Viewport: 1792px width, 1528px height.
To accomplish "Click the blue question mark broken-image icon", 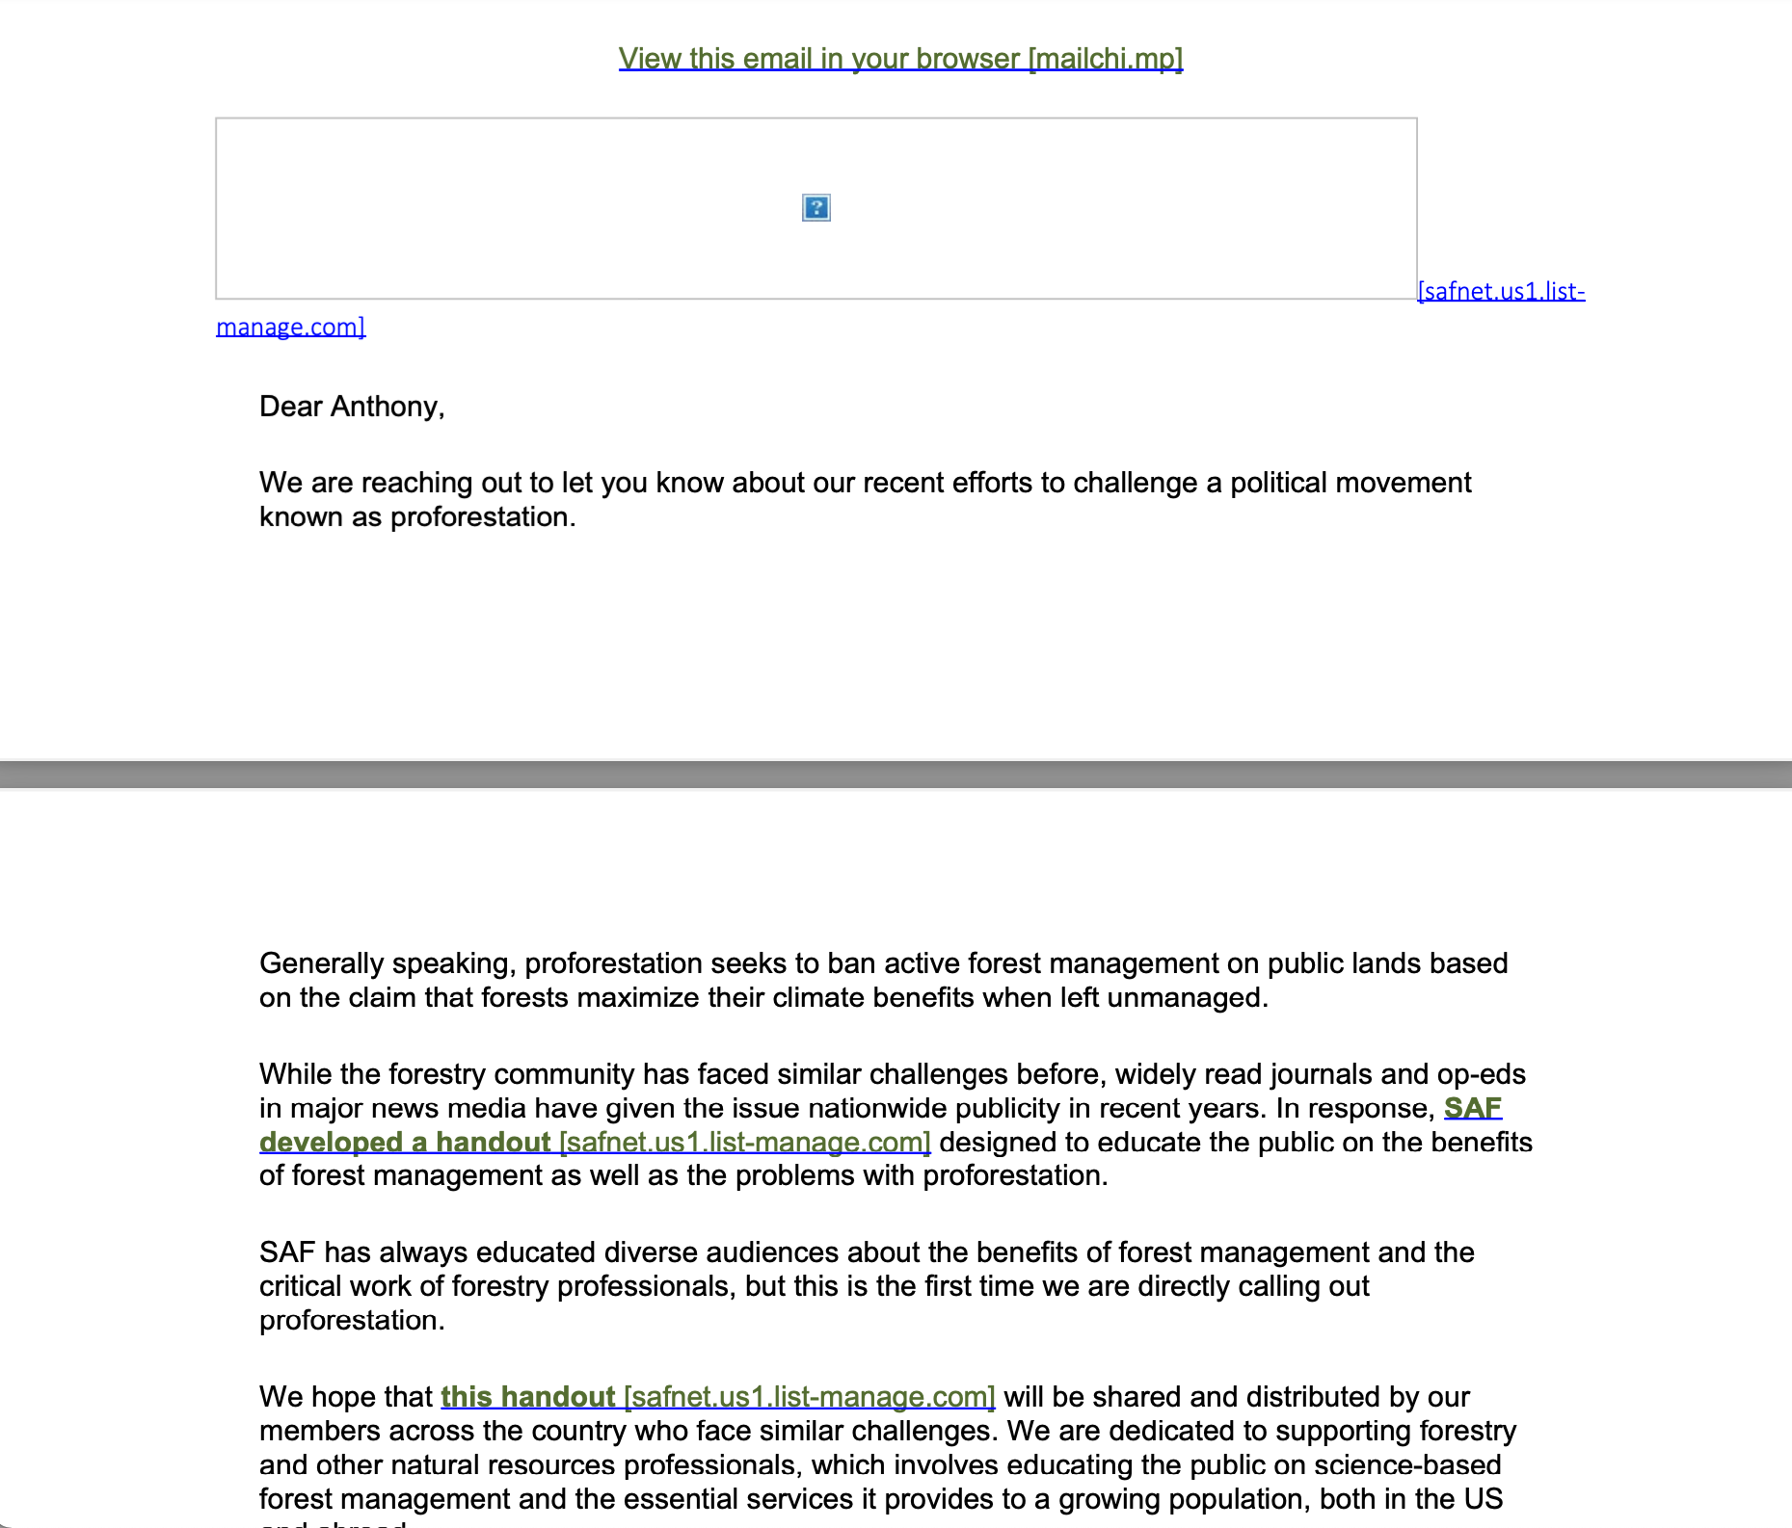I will [816, 208].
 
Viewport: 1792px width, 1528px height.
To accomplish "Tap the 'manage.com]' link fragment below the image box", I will [290, 328].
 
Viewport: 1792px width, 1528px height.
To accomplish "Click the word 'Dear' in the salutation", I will [290, 407].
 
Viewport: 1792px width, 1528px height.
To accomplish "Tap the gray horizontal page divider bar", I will [896, 775].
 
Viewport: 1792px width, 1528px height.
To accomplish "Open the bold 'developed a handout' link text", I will [405, 1143].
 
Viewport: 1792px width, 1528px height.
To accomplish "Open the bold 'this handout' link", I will [527, 1397].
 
